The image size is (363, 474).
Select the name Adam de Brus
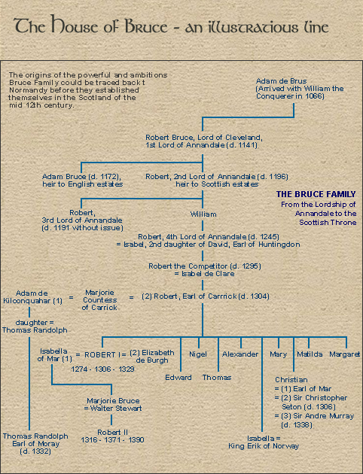281,81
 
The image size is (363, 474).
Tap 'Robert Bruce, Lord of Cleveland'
203,137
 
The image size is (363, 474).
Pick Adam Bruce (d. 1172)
84,177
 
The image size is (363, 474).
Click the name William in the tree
203,214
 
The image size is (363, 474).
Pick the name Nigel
198,354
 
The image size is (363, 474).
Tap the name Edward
178,377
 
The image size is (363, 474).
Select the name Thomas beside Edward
217,377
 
